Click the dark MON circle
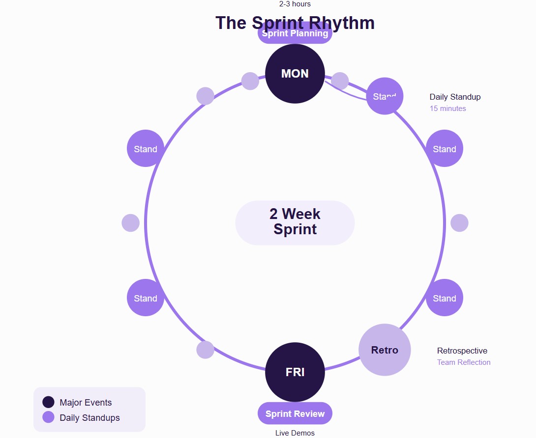point(295,74)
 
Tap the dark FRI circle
point(295,372)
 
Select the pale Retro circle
point(385,350)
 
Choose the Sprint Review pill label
point(295,413)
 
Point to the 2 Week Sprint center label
point(295,222)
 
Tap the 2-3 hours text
point(295,4)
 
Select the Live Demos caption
point(295,433)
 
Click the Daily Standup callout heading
point(455,97)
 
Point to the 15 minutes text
point(448,109)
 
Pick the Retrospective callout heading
point(462,351)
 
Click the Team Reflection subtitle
point(464,362)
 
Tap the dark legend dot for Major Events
point(48,402)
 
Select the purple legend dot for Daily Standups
point(48,417)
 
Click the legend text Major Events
point(86,403)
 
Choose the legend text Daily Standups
point(89,418)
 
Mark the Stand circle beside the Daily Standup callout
point(385,96)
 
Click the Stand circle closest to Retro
point(445,298)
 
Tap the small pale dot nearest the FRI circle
point(205,350)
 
